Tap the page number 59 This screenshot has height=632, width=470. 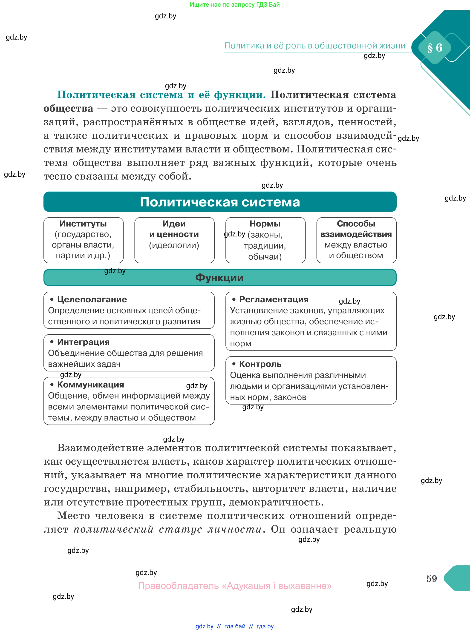pos(431,578)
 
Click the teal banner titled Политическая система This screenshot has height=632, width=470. pos(220,202)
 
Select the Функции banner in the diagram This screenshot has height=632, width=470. pos(220,277)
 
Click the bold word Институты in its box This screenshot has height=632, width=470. pos(83,224)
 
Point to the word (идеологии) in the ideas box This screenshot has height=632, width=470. pos(174,245)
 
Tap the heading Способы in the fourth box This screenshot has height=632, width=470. pos(356,224)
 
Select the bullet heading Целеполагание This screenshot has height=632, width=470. pos(92,299)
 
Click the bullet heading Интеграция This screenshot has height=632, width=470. pos(83,342)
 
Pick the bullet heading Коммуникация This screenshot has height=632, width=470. pos(90,385)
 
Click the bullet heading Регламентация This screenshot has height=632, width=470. pos(274,299)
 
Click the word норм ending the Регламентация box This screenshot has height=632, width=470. pos(240,344)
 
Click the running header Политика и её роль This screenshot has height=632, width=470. pos(315,46)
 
